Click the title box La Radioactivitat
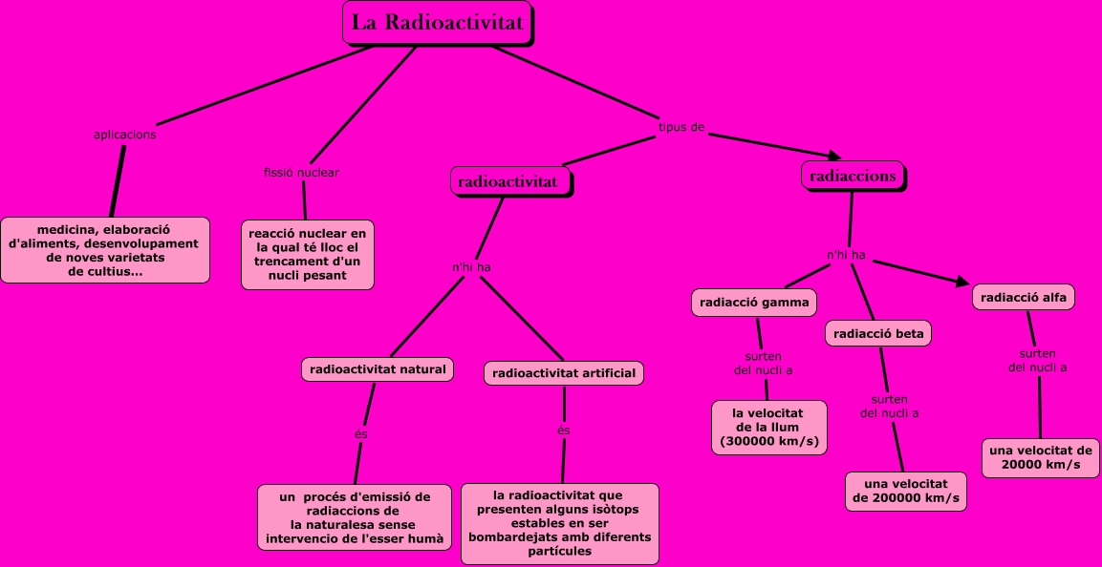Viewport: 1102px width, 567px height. click(x=438, y=23)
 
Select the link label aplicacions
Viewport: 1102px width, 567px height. click(x=125, y=135)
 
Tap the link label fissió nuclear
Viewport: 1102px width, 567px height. click(x=301, y=173)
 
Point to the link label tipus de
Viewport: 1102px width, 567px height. click(x=681, y=127)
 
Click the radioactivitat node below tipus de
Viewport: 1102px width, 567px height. click(x=509, y=180)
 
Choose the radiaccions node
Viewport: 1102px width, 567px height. click(x=853, y=176)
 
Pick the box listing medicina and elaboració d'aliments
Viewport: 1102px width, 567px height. click(x=105, y=250)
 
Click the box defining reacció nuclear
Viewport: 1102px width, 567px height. click(x=307, y=255)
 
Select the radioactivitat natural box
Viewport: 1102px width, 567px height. click(x=378, y=368)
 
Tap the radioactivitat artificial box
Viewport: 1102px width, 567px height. click(x=564, y=373)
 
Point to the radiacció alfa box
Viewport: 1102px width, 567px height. click(x=1024, y=297)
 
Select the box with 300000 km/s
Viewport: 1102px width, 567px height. click(x=767, y=427)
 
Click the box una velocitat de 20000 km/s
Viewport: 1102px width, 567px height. click(x=1041, y=457)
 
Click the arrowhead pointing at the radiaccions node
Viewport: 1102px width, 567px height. click(x=833, y=156)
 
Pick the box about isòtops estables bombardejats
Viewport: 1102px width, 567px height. click(x=560, y=523)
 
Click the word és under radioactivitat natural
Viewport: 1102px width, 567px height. click(x=360, y=434)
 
